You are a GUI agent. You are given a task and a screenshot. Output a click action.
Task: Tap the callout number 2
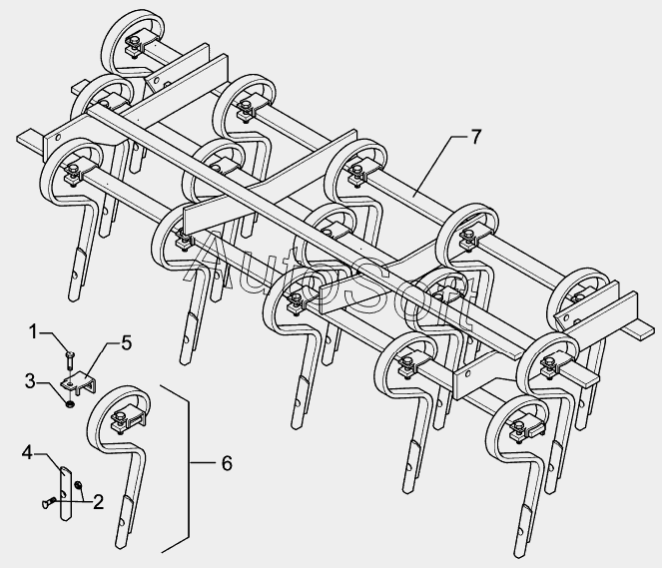pos(99,502)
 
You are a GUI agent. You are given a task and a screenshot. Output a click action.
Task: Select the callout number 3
pos(30,381)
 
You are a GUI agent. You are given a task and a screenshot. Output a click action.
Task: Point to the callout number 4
pos(27,453)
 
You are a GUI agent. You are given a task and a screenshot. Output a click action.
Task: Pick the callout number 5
pos(126,343)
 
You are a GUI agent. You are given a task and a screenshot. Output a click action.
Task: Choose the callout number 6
pos(227,463)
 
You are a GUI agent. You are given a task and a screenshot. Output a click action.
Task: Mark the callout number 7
pos(476,137)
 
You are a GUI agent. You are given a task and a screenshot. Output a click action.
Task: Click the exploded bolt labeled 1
pos(70,358)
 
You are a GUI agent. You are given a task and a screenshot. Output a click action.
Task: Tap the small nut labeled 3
pos(70,404)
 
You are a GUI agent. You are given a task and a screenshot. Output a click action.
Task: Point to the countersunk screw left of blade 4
pos(49,502)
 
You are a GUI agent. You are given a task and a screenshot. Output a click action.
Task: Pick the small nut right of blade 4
pos(78,485)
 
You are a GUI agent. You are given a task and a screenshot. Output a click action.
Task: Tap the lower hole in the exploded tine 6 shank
pos(123,522)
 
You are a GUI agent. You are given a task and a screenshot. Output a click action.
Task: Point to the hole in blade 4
pos(63,493)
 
